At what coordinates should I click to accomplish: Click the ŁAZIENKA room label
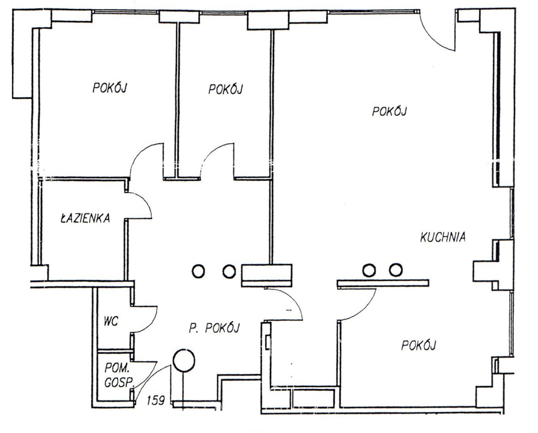85,218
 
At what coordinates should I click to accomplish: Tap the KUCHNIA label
443,237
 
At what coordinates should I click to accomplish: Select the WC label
111,321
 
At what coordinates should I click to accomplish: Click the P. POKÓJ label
214,328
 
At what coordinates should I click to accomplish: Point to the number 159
156,400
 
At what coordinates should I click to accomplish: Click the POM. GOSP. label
119,376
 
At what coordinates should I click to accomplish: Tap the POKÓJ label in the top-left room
110,88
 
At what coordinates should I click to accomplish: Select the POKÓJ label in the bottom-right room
419,346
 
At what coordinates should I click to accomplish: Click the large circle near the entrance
184,361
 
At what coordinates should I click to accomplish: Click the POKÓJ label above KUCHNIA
390,111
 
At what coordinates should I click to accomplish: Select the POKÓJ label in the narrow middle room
226,90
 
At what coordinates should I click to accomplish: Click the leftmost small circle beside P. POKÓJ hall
199,271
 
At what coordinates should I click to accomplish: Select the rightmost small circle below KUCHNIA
396,270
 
